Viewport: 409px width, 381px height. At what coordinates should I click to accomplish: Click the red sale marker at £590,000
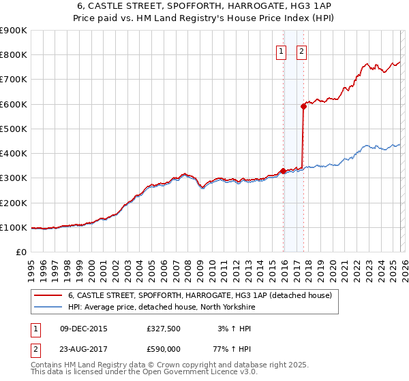point(303,106)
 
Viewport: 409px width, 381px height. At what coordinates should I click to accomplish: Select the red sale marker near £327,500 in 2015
point(284,171)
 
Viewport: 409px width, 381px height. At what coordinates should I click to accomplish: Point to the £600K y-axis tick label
point(14,104)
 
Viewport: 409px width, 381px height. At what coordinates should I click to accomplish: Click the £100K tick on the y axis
point(14,227)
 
